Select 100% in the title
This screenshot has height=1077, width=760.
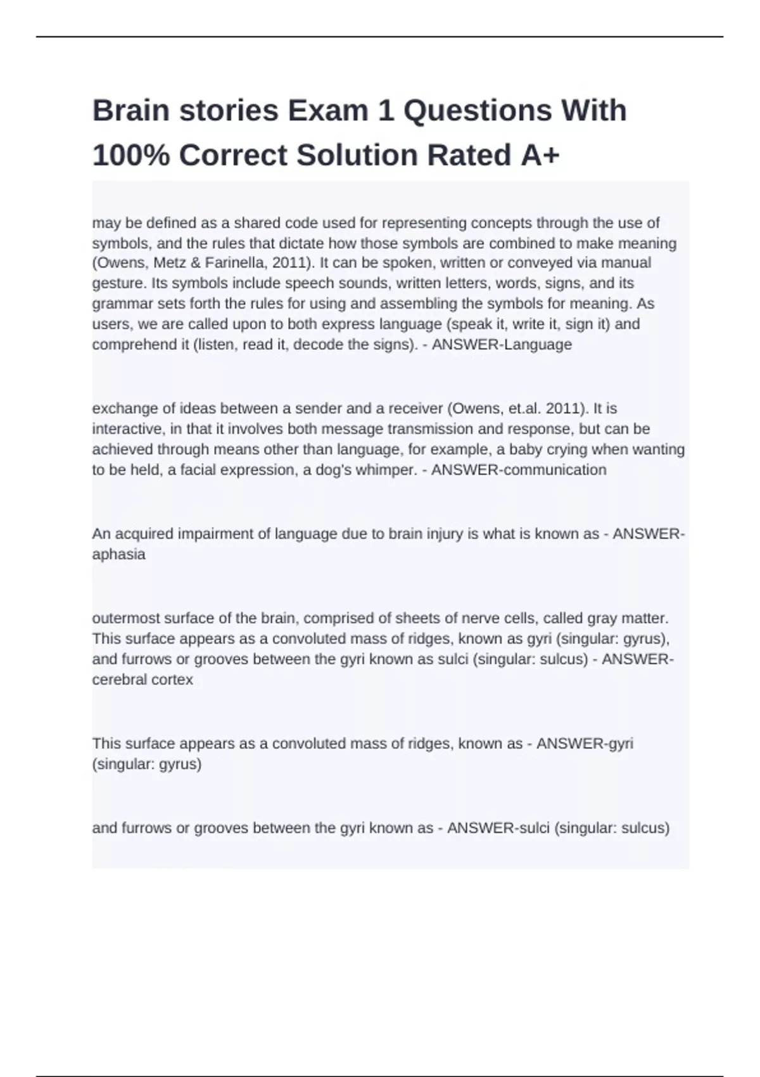[x=130, y=155]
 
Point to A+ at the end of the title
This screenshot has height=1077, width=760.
[x=540, y=155]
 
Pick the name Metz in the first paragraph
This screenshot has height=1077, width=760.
[x=170, y=263]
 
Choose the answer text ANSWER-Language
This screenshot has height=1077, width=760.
[x=502, y=345]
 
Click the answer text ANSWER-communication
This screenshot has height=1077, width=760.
[x=519, y=470]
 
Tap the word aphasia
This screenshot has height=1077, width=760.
[x=119, y=554]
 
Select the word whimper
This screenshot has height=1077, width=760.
[x=386, y=470]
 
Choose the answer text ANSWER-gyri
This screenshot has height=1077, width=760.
[x=585, y=743]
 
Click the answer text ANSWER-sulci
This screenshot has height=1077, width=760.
[x=498, y=828]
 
